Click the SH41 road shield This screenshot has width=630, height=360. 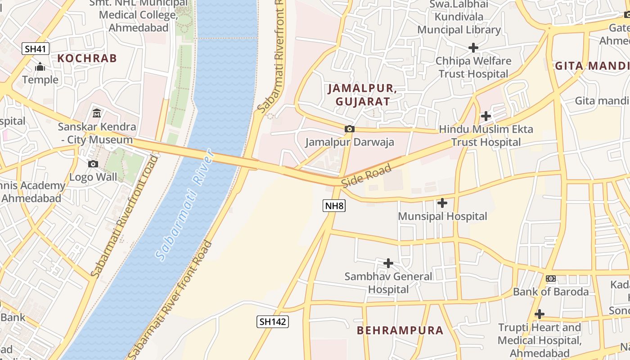tap(36, 49)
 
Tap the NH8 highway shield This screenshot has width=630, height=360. tap(334, 206)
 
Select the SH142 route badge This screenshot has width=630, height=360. tap(273, 321)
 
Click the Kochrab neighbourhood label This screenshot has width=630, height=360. tap(87, 58)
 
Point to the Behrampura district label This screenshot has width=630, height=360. tap(400, 330)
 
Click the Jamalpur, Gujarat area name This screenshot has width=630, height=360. tap(362, 94)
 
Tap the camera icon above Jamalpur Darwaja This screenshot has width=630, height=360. tap(349, 129)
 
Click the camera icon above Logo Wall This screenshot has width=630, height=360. tap(93, 164)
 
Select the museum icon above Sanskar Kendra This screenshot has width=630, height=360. tap(97, 113)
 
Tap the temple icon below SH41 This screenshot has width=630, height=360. tap(40, 67)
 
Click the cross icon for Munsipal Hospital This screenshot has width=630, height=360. tap(442, 203)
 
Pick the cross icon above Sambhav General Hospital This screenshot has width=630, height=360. tap(388, 263)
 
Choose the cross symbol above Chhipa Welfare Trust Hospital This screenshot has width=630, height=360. tap(473, 47)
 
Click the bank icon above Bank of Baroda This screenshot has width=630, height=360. tap(551, 279)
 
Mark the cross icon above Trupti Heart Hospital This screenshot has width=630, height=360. tap(539, 314)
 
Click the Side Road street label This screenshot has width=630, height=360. tap(366, 176)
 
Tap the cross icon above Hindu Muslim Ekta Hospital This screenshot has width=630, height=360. tap(486, 116)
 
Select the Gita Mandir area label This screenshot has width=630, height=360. tap(592, 66)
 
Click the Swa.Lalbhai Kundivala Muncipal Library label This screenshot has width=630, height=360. tap(459, 17)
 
